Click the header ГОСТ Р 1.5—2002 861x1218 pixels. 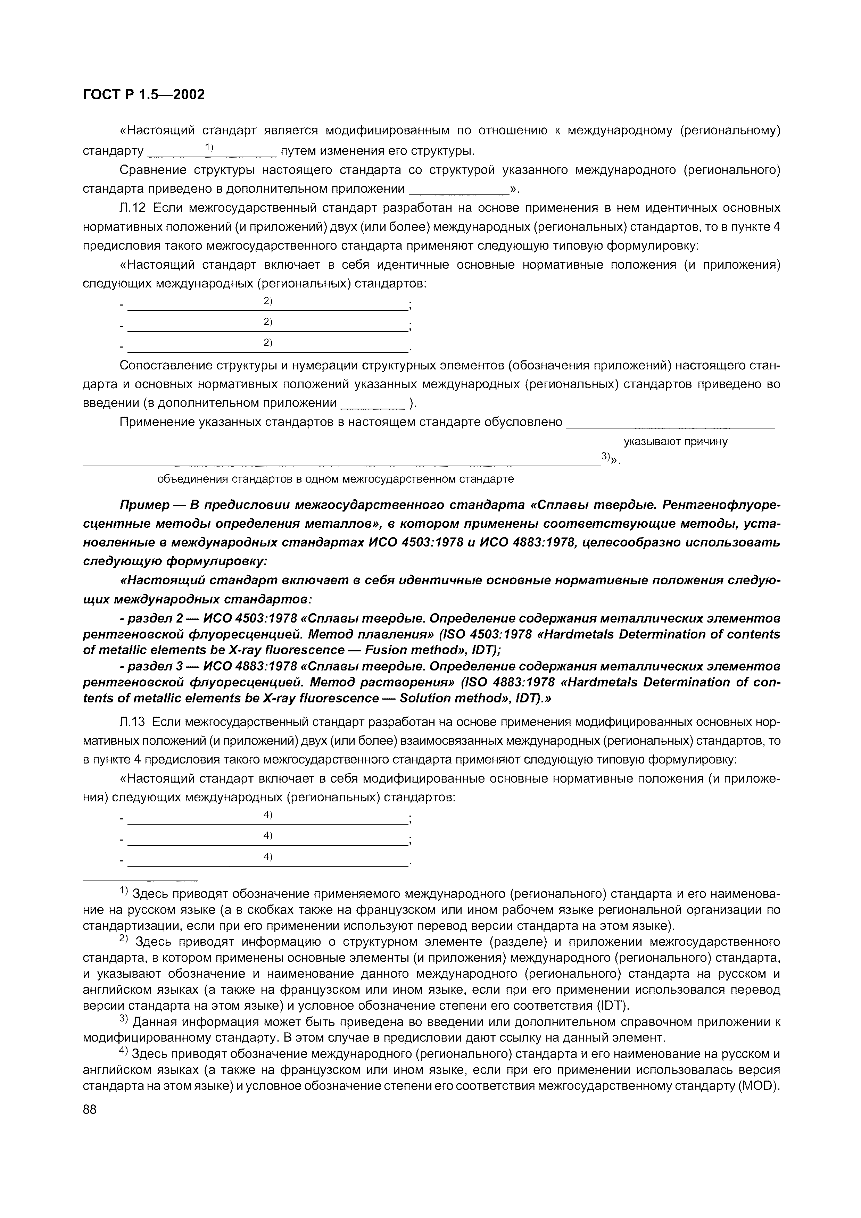coord(143,94)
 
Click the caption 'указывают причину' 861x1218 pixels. coord(675,441)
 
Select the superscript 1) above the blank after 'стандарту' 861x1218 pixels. coord(209,147)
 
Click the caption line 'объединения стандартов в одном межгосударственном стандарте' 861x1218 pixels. coord(335,479)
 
